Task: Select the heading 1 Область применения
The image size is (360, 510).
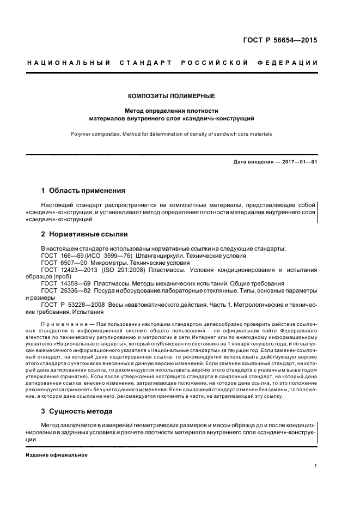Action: [83, 191]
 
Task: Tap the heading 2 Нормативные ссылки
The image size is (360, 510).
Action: [84, 234]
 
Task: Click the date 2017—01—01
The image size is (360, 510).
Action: [297, 161]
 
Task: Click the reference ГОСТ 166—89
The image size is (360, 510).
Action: [59, 255]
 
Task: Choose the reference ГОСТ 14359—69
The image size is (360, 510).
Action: [62, 283]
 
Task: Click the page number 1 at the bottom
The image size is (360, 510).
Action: [316, 466]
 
